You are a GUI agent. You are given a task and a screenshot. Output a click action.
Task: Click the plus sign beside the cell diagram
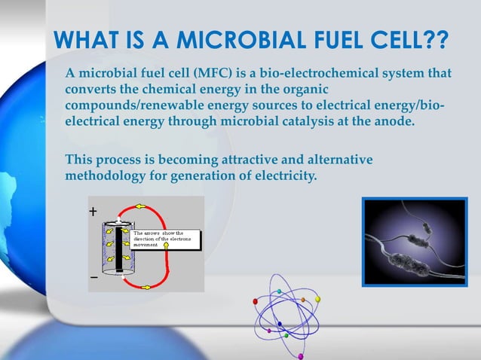coord(93,212)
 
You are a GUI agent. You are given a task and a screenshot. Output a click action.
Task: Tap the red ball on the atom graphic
coord(256,301)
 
